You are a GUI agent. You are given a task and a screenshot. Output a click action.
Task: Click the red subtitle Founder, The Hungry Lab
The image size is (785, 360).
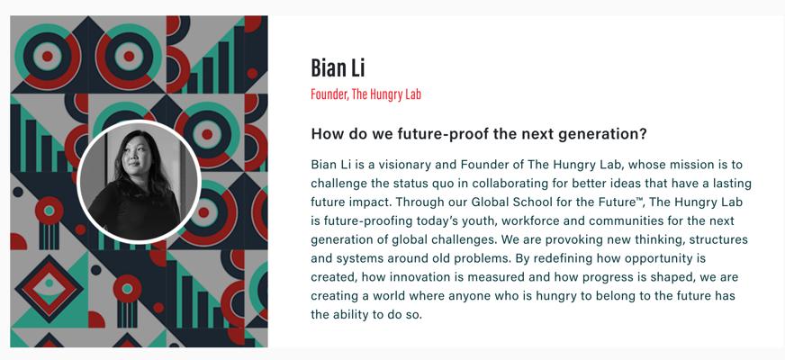[365, 94]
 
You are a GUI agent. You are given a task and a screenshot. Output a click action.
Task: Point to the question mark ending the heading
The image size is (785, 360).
[643, 134]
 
